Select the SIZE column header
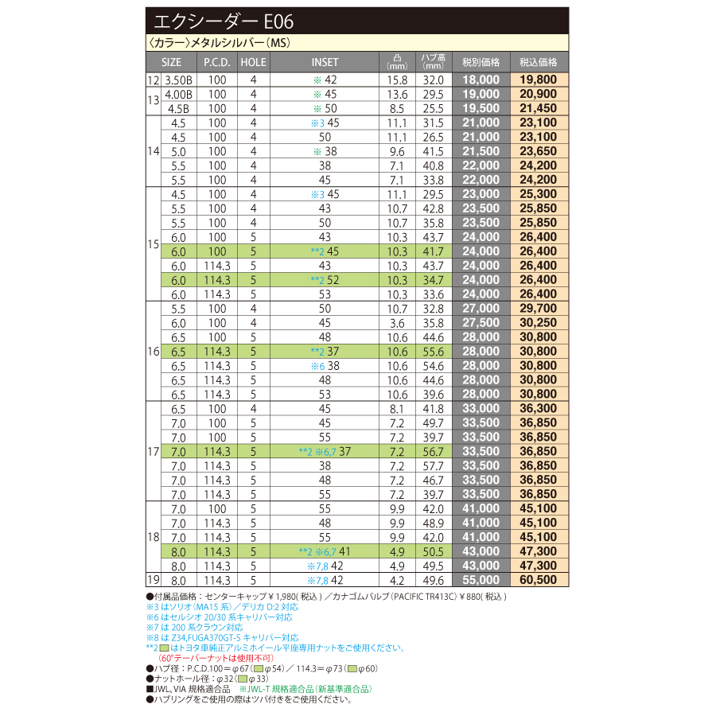click(x=171, y=62)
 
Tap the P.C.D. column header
click(x=216, y=62)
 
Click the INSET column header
click(x=325, y=62)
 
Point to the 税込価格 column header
click(x=539, y=62)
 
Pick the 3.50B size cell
click(x=178, y=80)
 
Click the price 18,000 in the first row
click(x=481, y=80)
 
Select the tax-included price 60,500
click(x=539, y=580)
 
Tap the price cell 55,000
click(x=481, y=580)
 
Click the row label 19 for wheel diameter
click(x=153, y=580)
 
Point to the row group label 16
click(x=153, y=351)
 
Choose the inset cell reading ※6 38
click(x=325, y=365)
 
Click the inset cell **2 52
click(x=325, y=279)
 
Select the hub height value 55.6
click(x=434, y=351)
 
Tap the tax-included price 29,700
click(x=539, y=308)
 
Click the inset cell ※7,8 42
click(x=325, y=566)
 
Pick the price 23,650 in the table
click(x=539, y=150)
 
